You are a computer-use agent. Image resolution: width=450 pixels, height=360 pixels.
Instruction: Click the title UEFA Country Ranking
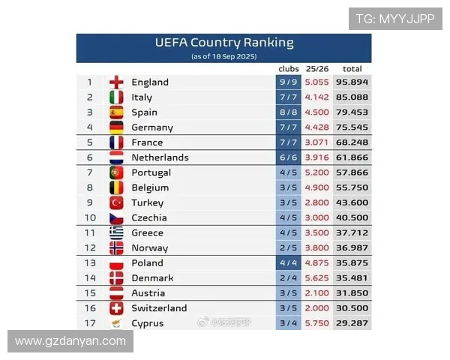pyautogui.click(x=224, y=43)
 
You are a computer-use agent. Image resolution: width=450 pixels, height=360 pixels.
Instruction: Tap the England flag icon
pyautogui.click(x=116, y=82)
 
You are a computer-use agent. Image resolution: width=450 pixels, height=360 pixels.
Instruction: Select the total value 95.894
pyautogui.click(x=352, y=82)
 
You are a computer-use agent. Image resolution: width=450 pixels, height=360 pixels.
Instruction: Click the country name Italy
pyautogui.click(x=142, y=97)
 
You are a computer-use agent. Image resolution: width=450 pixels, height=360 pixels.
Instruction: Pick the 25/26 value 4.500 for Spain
pyautogui.click(x=317, y=112)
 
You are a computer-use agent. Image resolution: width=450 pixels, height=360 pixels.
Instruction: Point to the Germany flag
pyautogui.click(x=116, y=127)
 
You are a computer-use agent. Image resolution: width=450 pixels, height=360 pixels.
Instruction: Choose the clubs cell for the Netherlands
pyautogui.click(x=289, y=157)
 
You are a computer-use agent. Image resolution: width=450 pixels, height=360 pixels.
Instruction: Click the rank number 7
pyautogui.click(x=90, y=172)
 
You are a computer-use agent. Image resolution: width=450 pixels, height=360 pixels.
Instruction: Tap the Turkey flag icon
pyautogui.click(x=116, y=202)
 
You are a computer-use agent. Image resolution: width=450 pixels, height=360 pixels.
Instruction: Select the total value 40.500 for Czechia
pyautogui.click(x=352, y=217)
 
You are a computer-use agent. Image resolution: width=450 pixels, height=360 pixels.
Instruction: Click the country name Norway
pyautogui.click(x=149, y=247)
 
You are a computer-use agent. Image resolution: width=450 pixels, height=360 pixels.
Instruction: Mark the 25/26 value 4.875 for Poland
pyautogui.click(x=317, y=262)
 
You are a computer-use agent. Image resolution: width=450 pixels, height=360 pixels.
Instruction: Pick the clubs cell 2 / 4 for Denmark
pyautogui.click(x=289, y=277)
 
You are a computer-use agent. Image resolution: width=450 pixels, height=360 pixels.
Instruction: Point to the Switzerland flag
pyautogui.click(x=116, y=308)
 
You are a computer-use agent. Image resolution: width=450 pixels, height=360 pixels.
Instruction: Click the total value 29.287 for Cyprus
pyautogui.click(x=352, y=323)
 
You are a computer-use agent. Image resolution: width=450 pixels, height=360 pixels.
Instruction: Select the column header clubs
pyautogui.click(x=289, y=69)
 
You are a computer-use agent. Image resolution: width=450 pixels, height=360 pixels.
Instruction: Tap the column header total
pyautogui.click(x=352, y=69)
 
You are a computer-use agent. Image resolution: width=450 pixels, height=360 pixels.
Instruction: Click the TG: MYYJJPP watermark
pyautogui.click(x=394, y=19)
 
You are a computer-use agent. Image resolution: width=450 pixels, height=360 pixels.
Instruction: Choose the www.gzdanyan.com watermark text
pyautogui.click(x=70, y=341)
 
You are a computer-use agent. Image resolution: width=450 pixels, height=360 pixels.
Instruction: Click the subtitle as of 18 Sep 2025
pyautogui.click(x=224, y=56)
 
